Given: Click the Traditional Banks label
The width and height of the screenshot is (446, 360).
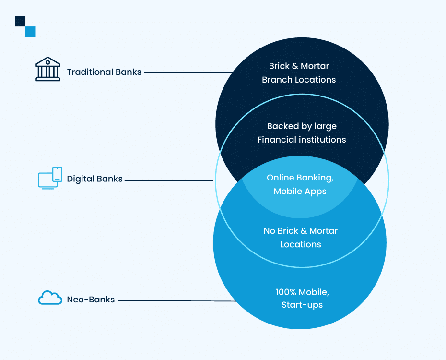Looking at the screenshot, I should pos(104,72).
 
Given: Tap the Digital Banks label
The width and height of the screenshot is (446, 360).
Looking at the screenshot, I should pos(94,179).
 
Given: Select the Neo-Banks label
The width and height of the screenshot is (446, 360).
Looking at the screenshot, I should pos(91,300).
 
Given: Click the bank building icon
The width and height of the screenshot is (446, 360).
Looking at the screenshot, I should pos(48,70).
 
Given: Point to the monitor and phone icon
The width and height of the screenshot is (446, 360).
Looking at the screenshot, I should pos(50,178).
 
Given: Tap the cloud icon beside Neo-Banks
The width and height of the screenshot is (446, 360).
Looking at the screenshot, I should pos(50,298).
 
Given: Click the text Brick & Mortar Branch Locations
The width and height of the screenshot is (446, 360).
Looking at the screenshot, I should pos(299,72).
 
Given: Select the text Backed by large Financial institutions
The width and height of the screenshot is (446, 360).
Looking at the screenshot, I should pos(302,133).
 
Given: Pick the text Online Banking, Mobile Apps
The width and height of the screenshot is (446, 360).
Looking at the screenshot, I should pos(300,184).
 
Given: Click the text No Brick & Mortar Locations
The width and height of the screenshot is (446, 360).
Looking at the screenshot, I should pos(301,238).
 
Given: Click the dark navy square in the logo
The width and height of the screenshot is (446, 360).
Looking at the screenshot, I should pos(20,21).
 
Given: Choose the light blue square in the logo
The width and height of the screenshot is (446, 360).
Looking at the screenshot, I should pos(30,32).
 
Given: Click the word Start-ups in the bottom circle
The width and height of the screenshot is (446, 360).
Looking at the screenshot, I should pos(302,305).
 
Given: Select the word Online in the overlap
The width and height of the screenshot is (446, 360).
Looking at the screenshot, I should pos(279,178).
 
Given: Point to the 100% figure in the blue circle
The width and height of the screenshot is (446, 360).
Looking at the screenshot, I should pos(286,291).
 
